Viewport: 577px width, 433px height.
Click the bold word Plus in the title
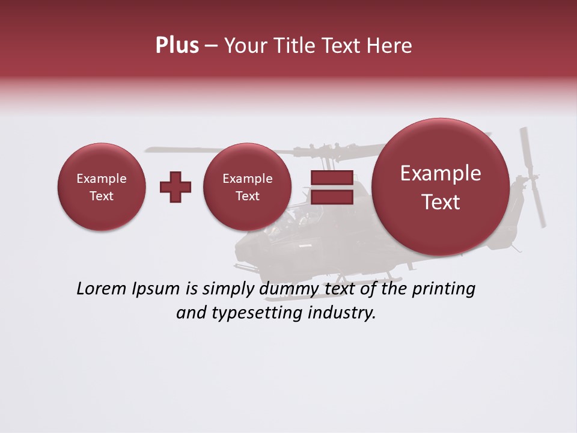pos(177,46)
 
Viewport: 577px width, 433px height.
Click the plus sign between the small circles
pos(176,187)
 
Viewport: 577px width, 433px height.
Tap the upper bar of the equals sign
pos(331,178)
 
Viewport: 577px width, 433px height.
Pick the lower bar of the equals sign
pos(331,197)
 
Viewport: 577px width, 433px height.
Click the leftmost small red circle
pos(102,187)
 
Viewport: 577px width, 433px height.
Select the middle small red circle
pos(248,187)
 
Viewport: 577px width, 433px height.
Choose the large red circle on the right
pos(441,187)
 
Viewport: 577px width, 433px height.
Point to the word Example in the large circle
pos(441,173)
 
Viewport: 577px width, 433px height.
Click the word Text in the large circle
pos(441,202)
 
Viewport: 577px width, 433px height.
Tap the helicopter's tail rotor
pos(533,177)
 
